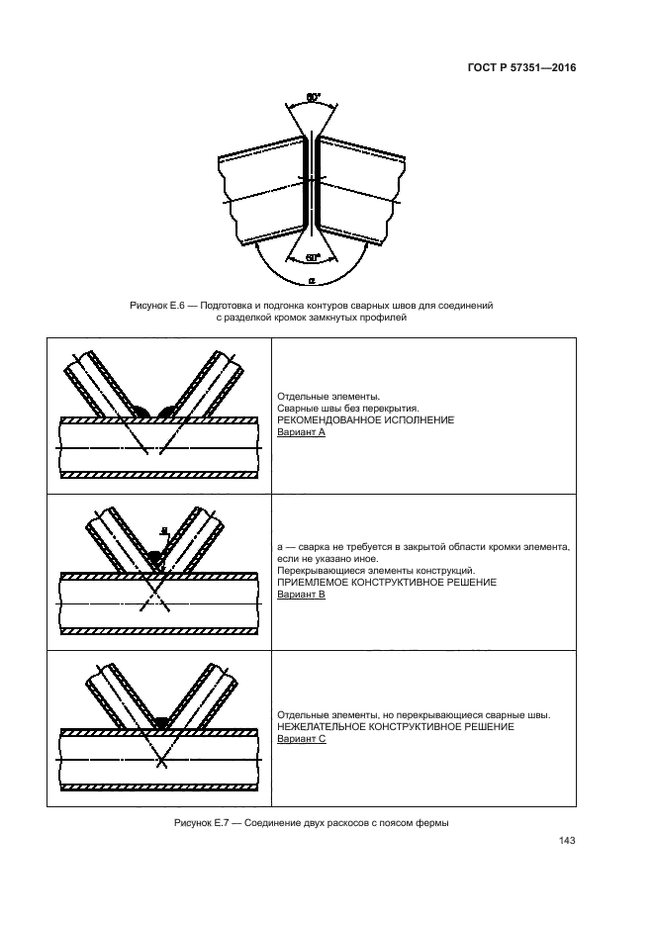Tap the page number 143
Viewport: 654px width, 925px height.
[567, 841]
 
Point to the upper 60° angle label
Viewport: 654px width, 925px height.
[313, 98]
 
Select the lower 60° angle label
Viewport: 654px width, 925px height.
[313, 257]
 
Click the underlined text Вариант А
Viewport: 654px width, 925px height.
[302, 432]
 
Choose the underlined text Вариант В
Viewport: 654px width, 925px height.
[302, 595]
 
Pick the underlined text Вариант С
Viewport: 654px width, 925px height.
[302, 739]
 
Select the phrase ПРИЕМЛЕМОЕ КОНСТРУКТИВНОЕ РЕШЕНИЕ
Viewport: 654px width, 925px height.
[387, 583]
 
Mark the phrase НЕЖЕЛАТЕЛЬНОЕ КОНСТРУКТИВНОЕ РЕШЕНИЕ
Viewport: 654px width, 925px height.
[396, 727]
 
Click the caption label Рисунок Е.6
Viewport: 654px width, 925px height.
[159, 307]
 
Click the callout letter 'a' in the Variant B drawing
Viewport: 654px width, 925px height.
[163, 530]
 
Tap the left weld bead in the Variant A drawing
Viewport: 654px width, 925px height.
[140, 411]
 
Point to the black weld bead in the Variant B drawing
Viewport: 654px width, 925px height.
[154, 557]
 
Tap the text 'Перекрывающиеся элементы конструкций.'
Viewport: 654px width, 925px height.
[377, 570]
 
